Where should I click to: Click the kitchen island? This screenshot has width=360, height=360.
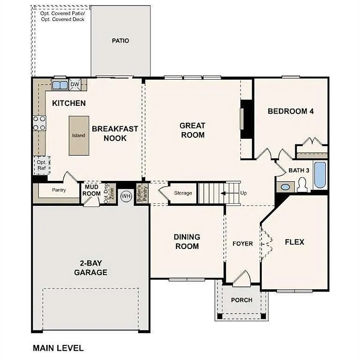click(x=78, y=135)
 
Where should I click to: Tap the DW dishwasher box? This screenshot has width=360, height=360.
click(x=75, y=84)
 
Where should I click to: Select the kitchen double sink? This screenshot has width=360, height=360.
click(x=60, y=85)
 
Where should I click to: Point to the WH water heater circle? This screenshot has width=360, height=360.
click(x=126, y=195)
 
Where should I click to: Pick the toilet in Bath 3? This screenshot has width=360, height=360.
click(x=301, y=186)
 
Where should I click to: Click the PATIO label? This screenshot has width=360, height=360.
click(x=120, y=41)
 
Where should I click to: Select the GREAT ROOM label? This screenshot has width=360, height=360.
click(x=192, y=130)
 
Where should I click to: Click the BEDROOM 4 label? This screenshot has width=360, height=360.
click(x=291, y=112)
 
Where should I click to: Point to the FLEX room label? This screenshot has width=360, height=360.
click(x=294, y=242)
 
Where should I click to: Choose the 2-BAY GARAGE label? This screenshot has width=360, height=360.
click(x=90, y=268)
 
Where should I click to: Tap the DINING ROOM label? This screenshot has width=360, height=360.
click(x=187, y=241)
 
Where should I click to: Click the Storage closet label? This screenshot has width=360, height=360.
click(x=183, y=193)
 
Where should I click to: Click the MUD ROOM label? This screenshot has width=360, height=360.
click(x=92, y=190)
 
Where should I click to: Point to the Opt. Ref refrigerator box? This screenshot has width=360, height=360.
click(x=41, y=165)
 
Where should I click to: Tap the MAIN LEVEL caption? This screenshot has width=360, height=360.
click(x=58, y=348)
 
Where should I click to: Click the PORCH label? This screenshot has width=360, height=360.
click(x=241, y=300)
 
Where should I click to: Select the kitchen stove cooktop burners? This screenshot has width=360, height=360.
click(x=39, y=123)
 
